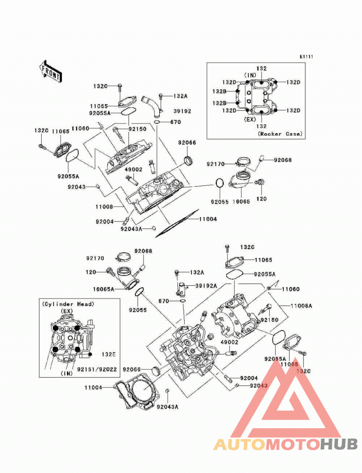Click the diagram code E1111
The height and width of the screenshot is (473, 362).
click(306, 57)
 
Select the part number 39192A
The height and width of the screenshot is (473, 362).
click(206, 285)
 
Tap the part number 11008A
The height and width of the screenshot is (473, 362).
click(301, 306)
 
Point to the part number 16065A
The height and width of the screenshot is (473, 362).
click(104, 289)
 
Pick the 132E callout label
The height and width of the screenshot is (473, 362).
click(108, 354)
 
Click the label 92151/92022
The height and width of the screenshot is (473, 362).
click(97, 369)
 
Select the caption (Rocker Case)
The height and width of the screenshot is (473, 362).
click(280, 134)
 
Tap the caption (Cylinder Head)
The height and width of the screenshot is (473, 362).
click(68, 304)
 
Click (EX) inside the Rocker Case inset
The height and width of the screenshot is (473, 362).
click(250, 119)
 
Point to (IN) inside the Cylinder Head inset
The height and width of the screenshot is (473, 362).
click(67, 374)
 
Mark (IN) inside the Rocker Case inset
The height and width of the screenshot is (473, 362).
click(250, 75)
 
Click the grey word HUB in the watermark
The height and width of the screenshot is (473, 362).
click(339, 444)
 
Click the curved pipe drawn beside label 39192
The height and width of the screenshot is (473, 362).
click(152, 108)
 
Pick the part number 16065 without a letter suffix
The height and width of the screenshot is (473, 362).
click(241, 202)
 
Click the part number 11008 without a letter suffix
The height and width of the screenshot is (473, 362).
click(104, 207)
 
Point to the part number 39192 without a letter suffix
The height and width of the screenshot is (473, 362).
click(182, 111)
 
